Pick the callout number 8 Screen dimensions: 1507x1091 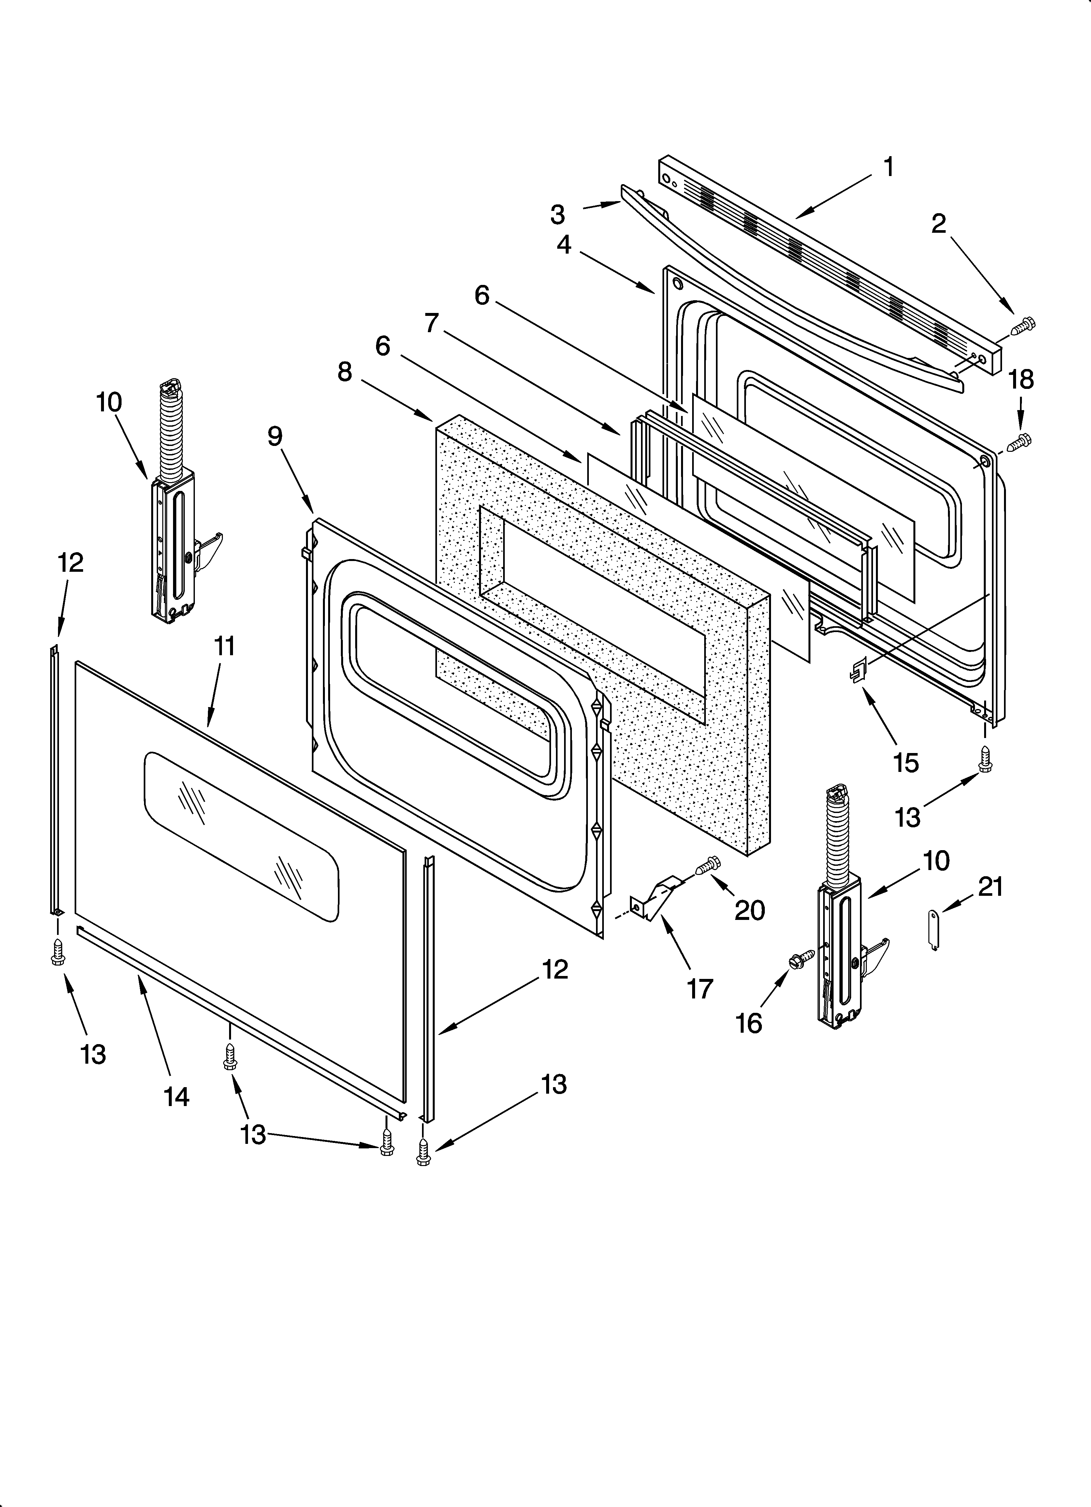click(344, 372)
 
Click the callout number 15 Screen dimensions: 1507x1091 click(906, 762)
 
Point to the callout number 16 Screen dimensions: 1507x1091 click(749, 1023)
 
